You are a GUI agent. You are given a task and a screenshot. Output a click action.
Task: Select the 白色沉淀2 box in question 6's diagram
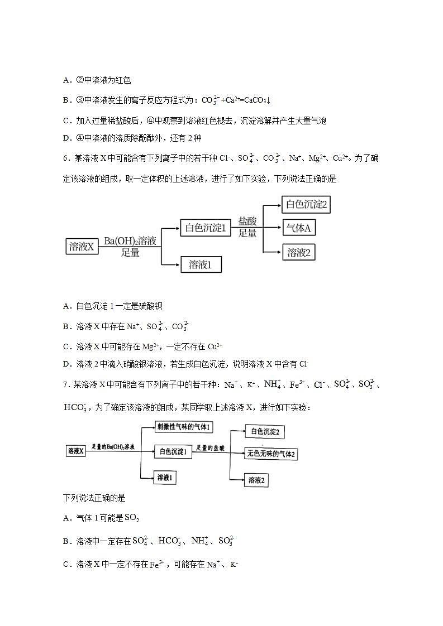(306, 204)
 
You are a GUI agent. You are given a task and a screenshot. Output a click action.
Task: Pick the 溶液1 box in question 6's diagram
(201, 264)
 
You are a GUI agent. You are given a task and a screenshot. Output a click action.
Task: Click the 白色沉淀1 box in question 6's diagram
(205, 228)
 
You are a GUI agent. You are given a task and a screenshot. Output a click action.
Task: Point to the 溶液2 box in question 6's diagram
(299, 252)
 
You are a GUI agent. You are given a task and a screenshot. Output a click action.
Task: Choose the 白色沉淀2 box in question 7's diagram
(265, 431)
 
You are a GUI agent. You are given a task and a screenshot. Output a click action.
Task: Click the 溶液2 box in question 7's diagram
(259, 480)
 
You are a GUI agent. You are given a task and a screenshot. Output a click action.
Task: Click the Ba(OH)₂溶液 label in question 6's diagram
(130, 241)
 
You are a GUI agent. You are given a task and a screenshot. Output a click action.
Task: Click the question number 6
(66, 158)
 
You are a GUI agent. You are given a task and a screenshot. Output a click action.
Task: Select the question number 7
(66, 384)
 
